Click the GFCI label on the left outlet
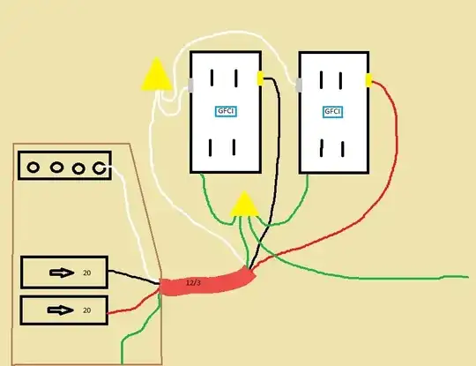point(226,111)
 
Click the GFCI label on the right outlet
point(332,112)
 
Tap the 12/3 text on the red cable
point(193,283)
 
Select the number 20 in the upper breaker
point(86,273)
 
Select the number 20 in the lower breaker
point(86,310)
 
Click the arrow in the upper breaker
point(62,273)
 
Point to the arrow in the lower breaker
point(61,310)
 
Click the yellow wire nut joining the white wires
point(157,74)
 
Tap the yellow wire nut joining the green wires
point(244,204)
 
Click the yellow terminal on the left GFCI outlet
point(260,78)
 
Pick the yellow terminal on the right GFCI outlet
point(368,80)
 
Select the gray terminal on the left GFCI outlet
point(190,86)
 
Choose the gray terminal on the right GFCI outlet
point(299,85)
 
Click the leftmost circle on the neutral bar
point(33,168)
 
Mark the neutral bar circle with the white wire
point(99,168)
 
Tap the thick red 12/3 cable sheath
point(207,282)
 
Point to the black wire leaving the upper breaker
point(134,276)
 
